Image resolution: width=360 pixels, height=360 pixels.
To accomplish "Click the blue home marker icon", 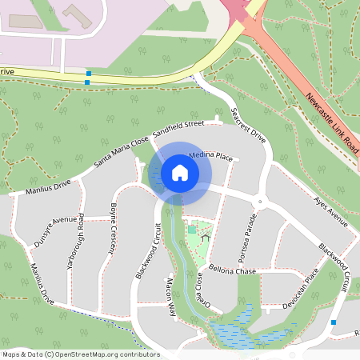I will tap(179, 172).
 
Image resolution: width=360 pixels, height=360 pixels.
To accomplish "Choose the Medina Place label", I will tap(210, 157).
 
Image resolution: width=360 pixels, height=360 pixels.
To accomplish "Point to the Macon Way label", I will tap(170, 298).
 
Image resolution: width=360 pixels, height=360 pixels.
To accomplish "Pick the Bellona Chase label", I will tap(232, 271).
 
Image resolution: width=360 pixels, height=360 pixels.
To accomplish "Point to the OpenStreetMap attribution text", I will tap(81, 354).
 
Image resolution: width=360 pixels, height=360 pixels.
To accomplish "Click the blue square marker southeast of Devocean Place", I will tap(334, 322).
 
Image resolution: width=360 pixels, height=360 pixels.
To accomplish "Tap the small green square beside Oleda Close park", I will tap(192, 230).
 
